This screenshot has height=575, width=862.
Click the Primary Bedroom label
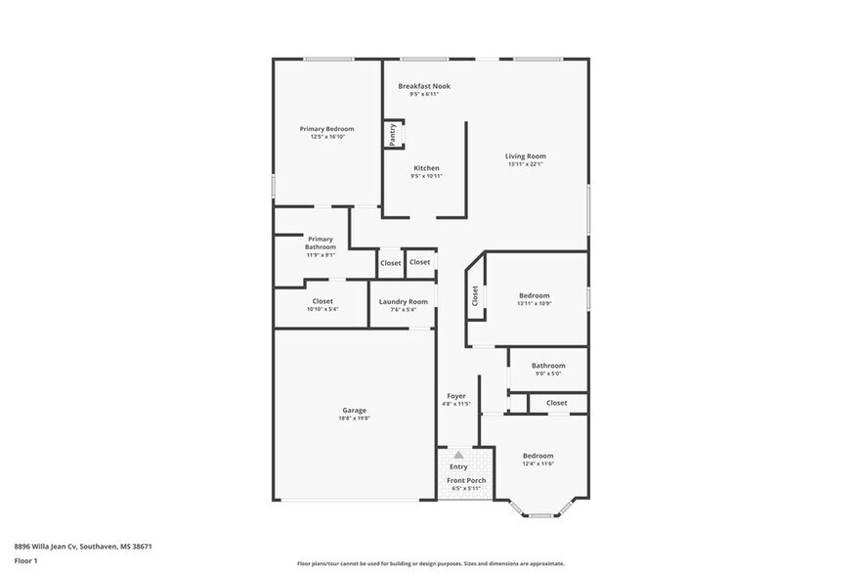click(326, 129)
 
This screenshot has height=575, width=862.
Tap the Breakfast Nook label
click(424, 86)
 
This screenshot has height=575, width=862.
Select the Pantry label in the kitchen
click(393, 135)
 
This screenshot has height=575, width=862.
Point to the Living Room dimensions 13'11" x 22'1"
click(525, 164)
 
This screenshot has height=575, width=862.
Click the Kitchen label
click(426, 168)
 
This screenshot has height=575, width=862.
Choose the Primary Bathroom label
click(321, 243)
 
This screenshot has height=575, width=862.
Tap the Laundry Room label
click(404, 302)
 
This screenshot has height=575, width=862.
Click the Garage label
click(354, 410)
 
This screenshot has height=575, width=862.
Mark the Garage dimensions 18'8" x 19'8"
click(354, 419)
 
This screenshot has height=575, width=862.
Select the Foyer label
click(455, 395)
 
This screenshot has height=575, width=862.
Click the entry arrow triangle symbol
click(458, 455)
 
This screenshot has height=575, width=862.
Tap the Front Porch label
click(466, 480)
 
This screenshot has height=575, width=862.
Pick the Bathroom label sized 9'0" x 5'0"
click(548, 366)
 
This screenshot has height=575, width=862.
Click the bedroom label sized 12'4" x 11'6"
click(538, 456)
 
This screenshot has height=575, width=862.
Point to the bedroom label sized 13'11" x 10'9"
click(534, 295)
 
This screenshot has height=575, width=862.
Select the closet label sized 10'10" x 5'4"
click(323, 301)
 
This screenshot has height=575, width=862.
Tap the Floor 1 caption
click(25, 560)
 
